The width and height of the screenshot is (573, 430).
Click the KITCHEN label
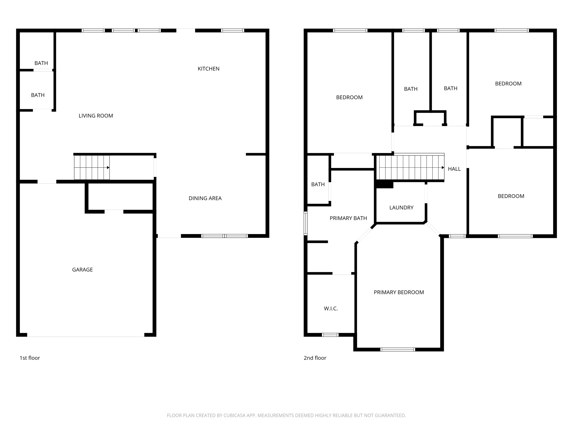pyautogui.click(x=208, y=69)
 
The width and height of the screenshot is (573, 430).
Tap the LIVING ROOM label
pyautogui.click(x=96, y=116)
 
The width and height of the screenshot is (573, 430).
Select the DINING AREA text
pyautogui.click(x=205, y=198)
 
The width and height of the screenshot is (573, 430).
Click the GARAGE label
pyautogui.click(x=82, y=270)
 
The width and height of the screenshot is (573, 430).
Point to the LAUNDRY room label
pyautogui.click(x=401, y=208)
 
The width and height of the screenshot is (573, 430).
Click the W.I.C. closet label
pyautogui.click(x=331, y=309)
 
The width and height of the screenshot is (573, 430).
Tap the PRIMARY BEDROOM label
pyautogui.click(x=399, y=293)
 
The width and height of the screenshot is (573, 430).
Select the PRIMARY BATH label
pyautogui.click(x=348, y=218)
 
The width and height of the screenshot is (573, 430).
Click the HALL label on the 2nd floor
pyautogui.click(x=454, y=169)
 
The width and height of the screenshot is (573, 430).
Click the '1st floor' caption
pyautogui.click(x=30, y=358)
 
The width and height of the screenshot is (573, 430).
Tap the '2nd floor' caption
pyautogui.click(x=315, y=358)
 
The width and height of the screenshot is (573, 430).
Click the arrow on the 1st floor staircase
pyautogui.click(x=108, y=168)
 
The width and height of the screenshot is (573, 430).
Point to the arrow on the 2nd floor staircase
pyautogui.click(x=443, y=168)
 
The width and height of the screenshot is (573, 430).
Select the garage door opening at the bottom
pyautogui.click(x=85, y=335)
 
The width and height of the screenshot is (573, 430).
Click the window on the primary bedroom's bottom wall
pyautogui.click(x=397, y=349)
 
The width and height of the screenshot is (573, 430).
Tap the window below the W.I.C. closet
pyautogui.click(x=330, y=335)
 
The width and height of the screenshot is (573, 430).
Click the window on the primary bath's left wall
pyautogui.click(x=306, y=223)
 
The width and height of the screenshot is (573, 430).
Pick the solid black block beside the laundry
pyautogui.click(x=385, y=185)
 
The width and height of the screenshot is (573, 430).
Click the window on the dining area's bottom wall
pyautogui.click(x=225, y=236)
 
